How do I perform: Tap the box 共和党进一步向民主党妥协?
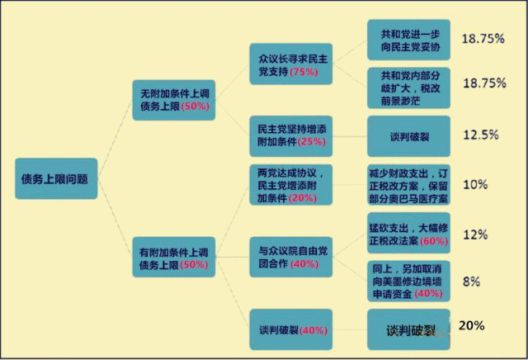point(408,40)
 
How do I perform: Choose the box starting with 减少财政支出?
point(408,186)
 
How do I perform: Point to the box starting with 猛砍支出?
point(408,234)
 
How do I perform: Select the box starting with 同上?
point(408,281)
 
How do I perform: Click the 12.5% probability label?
point(480,135)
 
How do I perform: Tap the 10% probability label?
point(475,185)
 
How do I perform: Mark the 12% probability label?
point(475,234)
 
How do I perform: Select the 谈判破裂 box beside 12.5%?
point(408,135)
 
